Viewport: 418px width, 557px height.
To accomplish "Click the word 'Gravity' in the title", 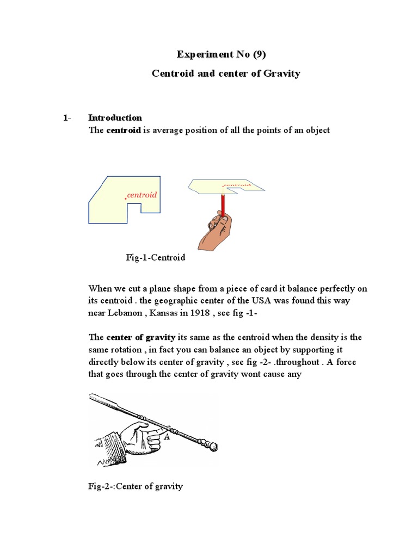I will pos(280,73).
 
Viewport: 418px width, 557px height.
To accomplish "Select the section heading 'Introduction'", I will pos(115,117).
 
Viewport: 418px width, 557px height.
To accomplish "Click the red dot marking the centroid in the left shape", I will pos(126,199).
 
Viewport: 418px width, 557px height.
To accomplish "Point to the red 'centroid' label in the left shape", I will pos(142,195).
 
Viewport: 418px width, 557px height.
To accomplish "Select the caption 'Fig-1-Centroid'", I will pos(156,257).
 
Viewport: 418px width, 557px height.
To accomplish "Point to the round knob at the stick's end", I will pos(213,447).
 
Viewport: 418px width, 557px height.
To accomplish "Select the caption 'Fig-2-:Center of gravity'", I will pos(136,486).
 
